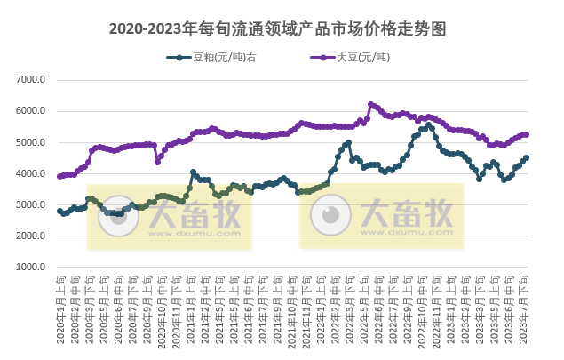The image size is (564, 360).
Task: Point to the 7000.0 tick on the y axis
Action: (x=31, y=80)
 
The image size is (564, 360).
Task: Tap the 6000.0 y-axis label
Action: (x=31, y=111)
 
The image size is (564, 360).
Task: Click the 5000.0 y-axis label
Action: (x=31, y=142)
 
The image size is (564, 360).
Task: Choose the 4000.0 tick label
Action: (x=31, y=174)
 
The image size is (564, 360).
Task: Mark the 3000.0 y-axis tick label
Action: (x=31, y=205)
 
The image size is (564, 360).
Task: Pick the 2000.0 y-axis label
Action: (x=31, y=236)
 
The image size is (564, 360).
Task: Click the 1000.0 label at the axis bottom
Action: (x=31, y=268)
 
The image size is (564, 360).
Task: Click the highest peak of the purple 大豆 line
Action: (x=370, y=104)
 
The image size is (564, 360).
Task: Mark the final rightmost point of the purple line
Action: (x=527, y=134)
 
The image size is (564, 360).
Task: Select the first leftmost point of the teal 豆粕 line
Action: (x=60, y=211)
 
